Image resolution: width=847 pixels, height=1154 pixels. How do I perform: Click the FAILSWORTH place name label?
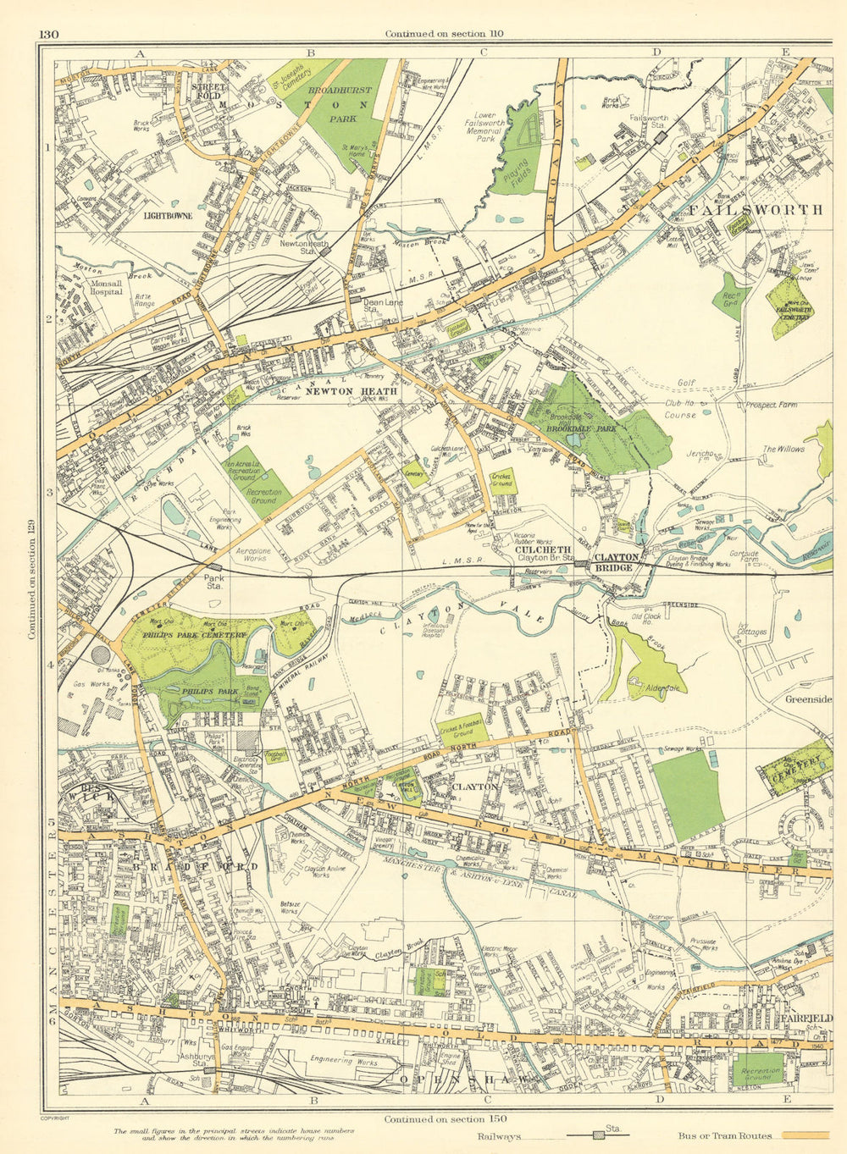756,209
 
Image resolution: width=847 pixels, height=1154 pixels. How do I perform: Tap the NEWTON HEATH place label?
339,391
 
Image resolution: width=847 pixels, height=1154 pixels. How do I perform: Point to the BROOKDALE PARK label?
580,429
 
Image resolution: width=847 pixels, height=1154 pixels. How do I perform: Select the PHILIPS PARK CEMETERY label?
194,633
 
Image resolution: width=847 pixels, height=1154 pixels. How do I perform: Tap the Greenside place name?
808,699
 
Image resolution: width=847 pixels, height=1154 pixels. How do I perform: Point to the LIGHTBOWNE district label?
168,216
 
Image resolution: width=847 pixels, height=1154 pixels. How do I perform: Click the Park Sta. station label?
216,583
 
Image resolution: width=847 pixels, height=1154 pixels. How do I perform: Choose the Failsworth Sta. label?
649,122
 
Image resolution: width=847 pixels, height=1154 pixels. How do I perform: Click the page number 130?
48,34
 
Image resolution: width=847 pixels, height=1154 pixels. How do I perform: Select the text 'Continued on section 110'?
444,34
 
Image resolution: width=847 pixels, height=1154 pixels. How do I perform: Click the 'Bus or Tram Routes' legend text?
726,1136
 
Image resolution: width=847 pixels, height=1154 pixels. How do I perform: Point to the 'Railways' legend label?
500,1136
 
